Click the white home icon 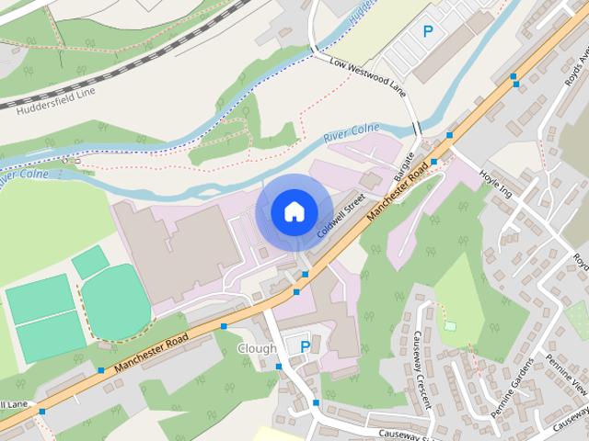(x=294, y=212)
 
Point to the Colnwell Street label (x=341, y=215)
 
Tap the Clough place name (x=257, y=349)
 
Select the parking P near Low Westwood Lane (x=427, y=31)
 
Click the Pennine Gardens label (x=512, y=387)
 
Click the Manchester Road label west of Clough (x=153, y=354)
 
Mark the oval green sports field (x=116, y=302)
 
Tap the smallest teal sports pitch (x=90, y=263)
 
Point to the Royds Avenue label (x=576, y=69)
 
